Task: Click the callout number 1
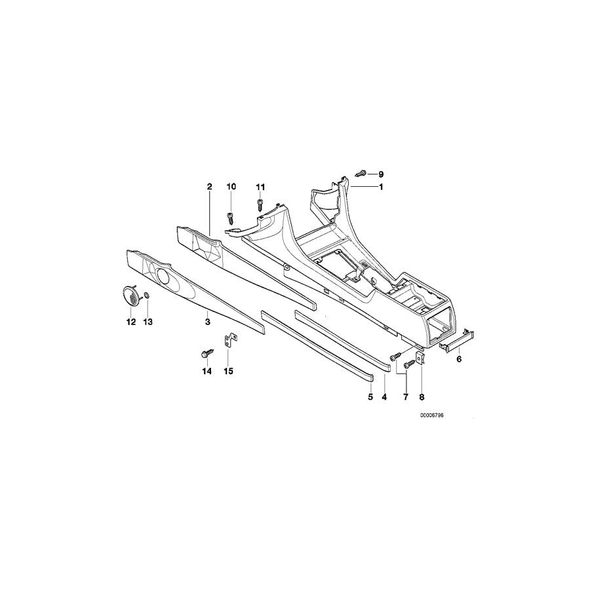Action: pyautogui.click(x=381, y=187)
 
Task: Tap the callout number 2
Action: pyautogui.click(x=210, y=187)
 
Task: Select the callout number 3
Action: pyautogui.click(x=207, y=322)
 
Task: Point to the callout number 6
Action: pyautogui.click(x=459, y=359)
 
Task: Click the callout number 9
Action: pyautogui.click(x=381, y=174)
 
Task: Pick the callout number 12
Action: pyautogui.click(x=131, y=322)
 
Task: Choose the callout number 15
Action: pyautogui.click(x=228, y=372)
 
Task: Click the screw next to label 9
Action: pyautogui.click(x=361, y=174)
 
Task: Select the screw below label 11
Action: pyautogui.click(x=260, y=205)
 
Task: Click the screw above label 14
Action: pyautogui.click(x=207, y=353)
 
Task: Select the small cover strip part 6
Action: pyautogui.click(x=457, y=340)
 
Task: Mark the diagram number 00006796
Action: pyautogui.click(x=433, y=416)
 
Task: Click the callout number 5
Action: pyautogui.click(x=370, y=397)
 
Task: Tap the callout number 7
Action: pyautogui.click(x=406, y=397)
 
